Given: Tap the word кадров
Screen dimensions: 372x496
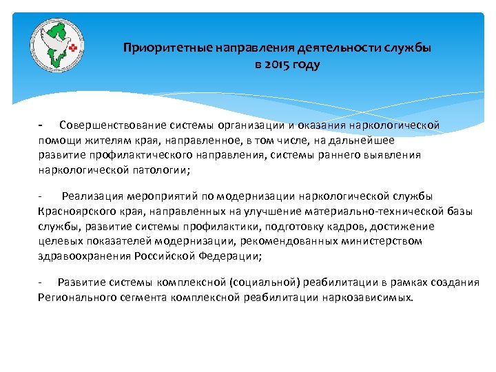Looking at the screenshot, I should pos(339,226).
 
